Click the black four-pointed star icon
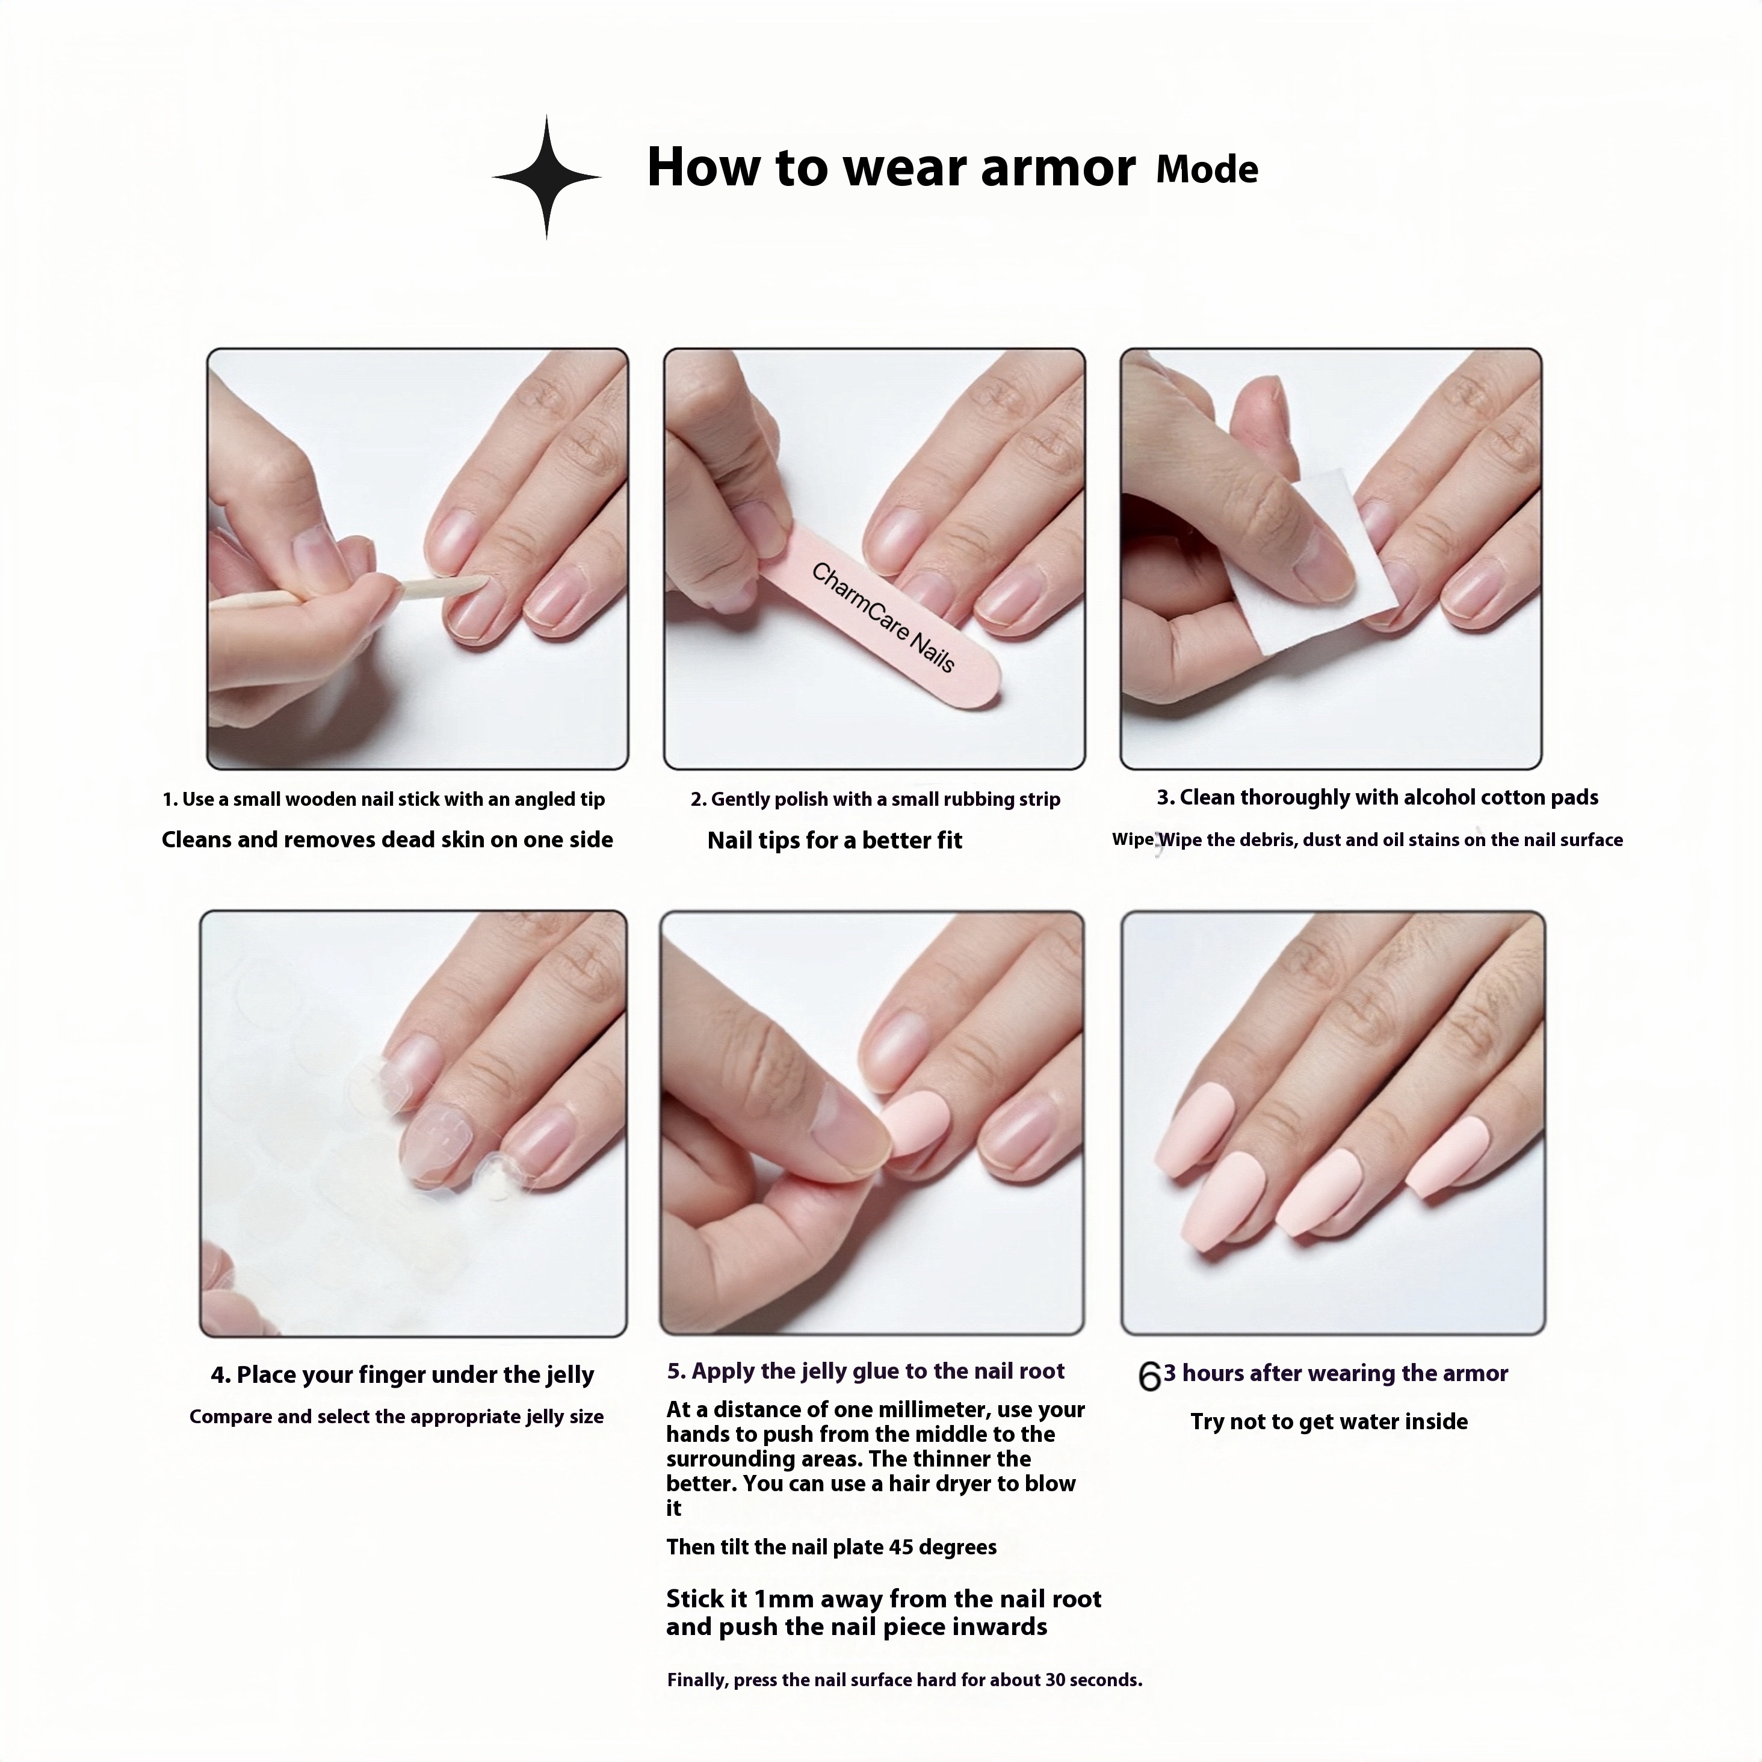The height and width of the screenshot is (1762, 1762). pyautogui.click(x=546, y=177)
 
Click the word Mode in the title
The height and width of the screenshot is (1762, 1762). pyautogui.click(x=1207, y=170)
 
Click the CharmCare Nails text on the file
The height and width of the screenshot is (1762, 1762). pyautogui.click(x=882, y=617)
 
